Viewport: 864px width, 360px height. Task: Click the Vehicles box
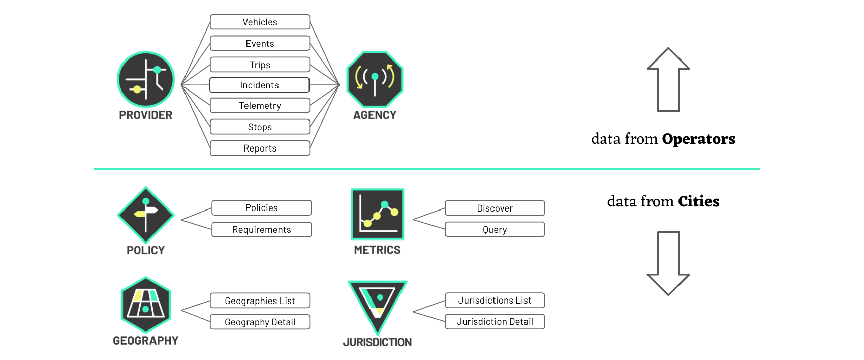click(x=260, y=22)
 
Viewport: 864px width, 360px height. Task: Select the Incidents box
click(x=260, y=85)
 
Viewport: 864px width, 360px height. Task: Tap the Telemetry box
click(x=260, y=105)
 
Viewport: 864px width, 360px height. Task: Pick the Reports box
click(x=260, y=148)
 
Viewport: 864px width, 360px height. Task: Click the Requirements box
click(x=262, y=230)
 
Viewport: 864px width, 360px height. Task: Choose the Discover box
click(x=495, y=208)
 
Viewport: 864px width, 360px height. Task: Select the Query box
click(x=495, y=230)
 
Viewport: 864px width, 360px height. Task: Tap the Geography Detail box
click(x=260, y=322)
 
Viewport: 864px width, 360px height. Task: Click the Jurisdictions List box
click(x=495, y=300)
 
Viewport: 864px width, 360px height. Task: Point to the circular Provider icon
click(x=146, y=79)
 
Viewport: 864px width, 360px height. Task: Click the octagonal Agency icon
click(x=375, y=79)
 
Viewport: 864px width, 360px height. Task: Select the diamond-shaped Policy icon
click(x=146, y=215)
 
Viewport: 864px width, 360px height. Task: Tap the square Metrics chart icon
click(x=377, y=214)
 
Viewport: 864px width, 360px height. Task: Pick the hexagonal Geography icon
click(x=146, y=305)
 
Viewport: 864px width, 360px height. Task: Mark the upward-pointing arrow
click(x=668, y=80)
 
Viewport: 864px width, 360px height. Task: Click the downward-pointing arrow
click(x=668, y=263)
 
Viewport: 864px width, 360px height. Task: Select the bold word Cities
click(x=698, y=201)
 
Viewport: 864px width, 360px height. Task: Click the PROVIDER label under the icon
click(x=146, y=115)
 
